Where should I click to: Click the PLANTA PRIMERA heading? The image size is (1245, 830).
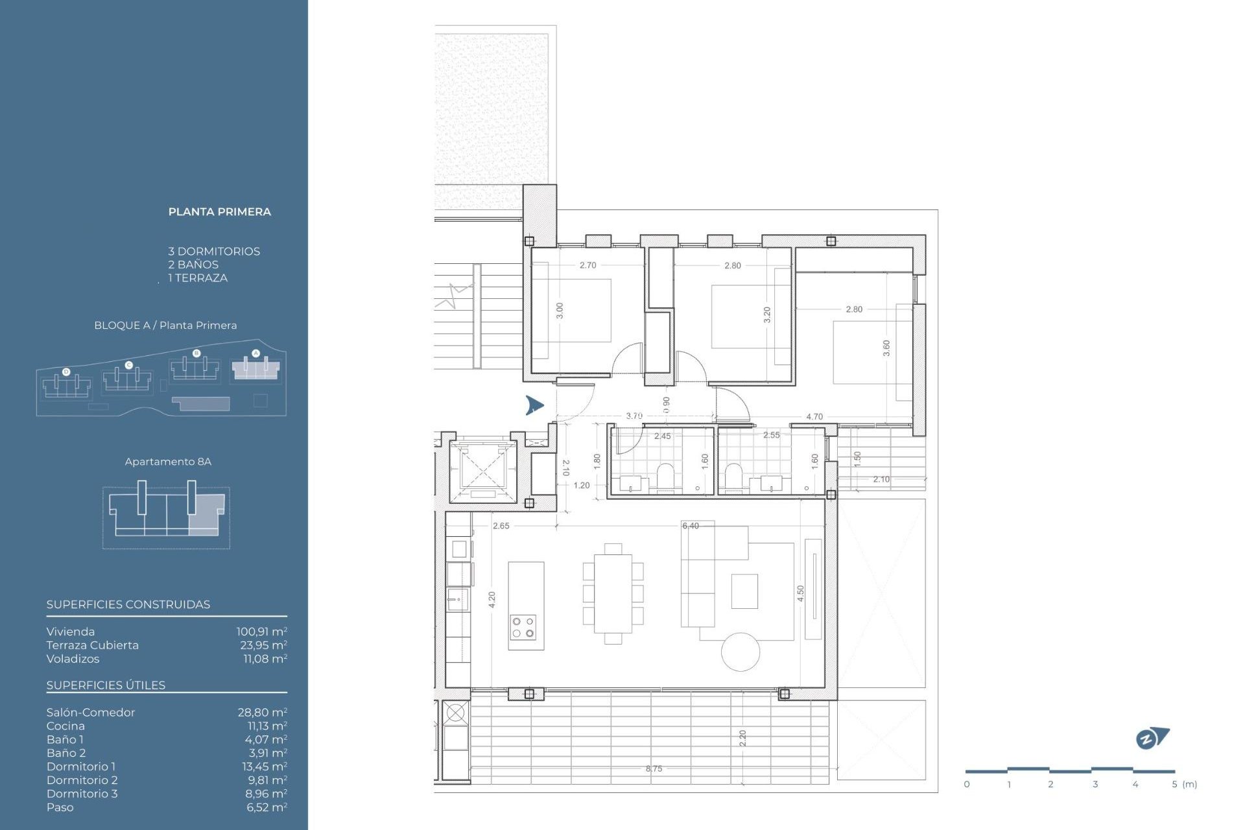pos(219,211)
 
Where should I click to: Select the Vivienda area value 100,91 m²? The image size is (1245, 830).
pos(261,632)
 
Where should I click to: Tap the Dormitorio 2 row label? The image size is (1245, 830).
pos(82,780)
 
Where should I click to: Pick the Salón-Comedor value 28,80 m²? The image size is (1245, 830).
pos(262,712)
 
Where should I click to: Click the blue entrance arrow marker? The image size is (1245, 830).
pos(534,405)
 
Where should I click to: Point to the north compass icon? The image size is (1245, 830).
pos(1152,738)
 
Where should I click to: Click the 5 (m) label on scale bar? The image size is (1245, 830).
pos(1184,784)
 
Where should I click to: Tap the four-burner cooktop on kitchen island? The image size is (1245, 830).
pos(523,627)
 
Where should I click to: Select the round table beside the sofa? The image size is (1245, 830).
pos(741,652)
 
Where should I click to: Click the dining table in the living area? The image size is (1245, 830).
pos(613,593)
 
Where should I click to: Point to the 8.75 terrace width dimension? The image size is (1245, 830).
pos(654,768)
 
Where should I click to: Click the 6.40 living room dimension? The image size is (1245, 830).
pos(691,526)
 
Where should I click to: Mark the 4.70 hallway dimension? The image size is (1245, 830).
pos(814,416)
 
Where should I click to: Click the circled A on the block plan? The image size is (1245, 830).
pos(255,353)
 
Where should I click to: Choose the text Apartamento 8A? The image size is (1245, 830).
pos(168,462)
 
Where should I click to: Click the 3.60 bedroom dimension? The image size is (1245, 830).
pos(886,348)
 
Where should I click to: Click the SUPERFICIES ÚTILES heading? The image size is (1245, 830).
pos(106,685)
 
